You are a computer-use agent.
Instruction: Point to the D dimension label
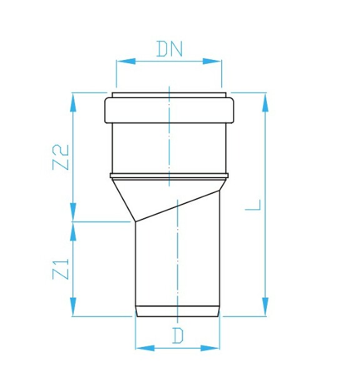coord(178,336)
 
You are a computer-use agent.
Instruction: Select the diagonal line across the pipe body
coord(178,205)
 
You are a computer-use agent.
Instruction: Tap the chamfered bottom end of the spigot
coord(177,311)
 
